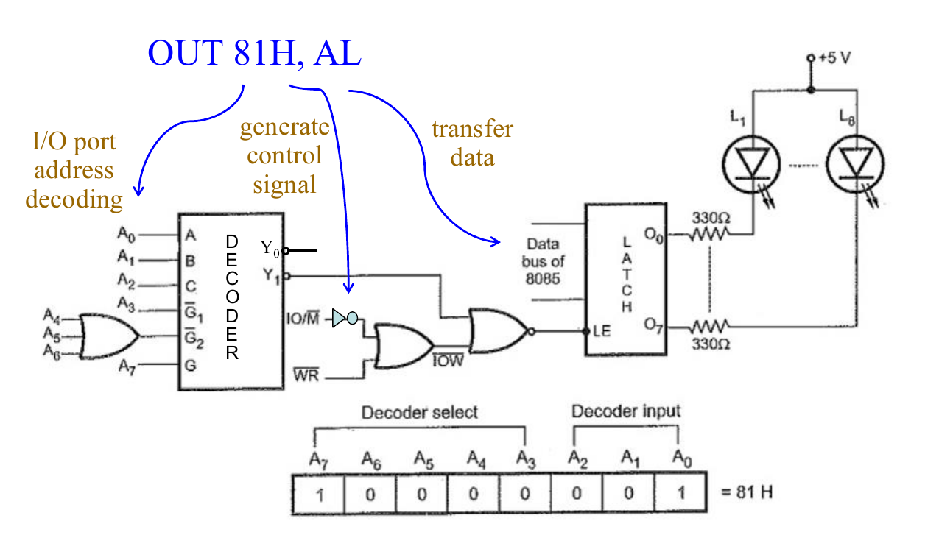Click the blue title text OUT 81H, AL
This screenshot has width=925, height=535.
[254, 52]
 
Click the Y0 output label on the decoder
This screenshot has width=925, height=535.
[270, 249]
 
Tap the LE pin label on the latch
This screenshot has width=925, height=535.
[602, 331]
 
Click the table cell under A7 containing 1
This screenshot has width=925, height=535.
[318, 493]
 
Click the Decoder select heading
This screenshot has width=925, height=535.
[419, 412]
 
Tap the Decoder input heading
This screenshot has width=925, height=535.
[626, 411]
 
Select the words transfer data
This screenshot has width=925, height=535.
[472, 143]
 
